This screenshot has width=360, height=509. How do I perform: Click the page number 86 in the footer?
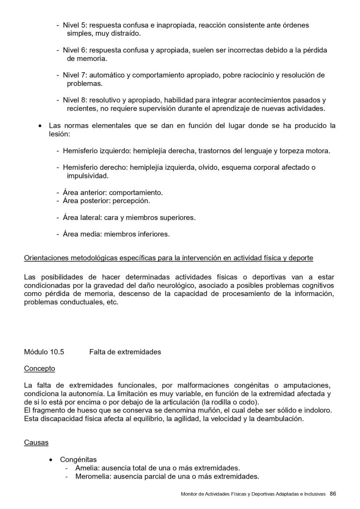click(333, 493)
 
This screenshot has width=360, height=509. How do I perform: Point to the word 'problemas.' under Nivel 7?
click(84, 84)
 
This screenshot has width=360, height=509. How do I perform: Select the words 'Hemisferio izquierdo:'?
click(97, 151)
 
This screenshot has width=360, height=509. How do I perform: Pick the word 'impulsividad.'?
click(88, 176)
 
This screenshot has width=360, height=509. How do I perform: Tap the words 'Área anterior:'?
click(85, 192)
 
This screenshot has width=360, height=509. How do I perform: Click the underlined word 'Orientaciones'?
click(46, 258)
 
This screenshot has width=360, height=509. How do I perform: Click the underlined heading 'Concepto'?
click(39, 368)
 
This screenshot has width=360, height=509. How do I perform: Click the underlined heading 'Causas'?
click(36, 442)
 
